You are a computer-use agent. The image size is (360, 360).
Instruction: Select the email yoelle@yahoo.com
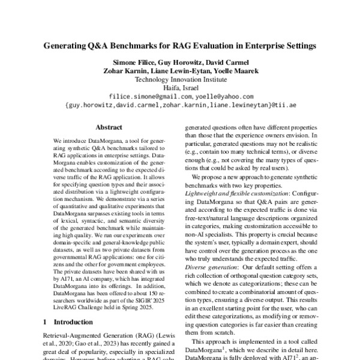pyautogui.click(x=225, y=96)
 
